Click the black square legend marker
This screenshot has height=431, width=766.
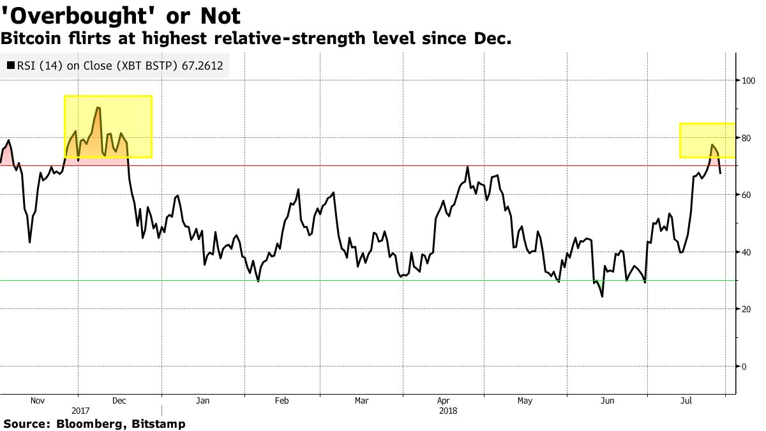pyautogui.click(x=11, y=65)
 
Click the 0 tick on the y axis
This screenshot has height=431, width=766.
pyautogui.click(x=744, y=367)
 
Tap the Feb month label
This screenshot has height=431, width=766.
pyautogui.click(x=282, y=401)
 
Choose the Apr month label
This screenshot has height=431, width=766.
pyautogui.click(x=443, y=401)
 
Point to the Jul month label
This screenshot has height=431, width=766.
pyautogui.click(x=687, y=401)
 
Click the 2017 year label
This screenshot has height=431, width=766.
pyautogui.click(x=80, y=411)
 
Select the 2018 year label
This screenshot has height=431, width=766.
pyautogui.click(x=448, y=411)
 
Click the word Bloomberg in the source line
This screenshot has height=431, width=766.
pyautogui.click(x=87, y=423)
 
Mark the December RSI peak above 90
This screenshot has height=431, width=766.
pyautogui.click(x=97, y=108)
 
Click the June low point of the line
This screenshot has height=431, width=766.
pyautogui.click(x=602, y=296)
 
